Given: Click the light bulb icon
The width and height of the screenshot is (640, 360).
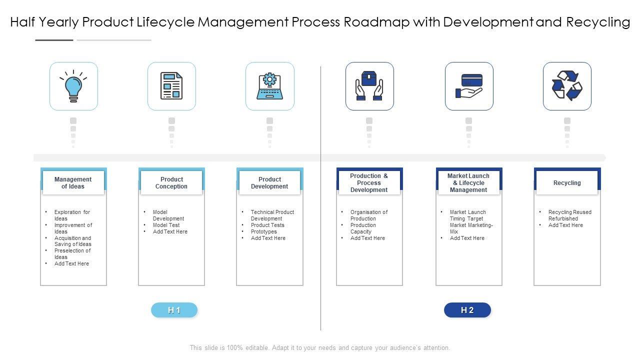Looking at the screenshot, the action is [x=73, y=86].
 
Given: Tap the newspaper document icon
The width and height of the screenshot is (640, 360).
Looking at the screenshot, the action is [x=171, y=86].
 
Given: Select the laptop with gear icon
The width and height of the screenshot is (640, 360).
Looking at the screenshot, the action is [x=270, y=86].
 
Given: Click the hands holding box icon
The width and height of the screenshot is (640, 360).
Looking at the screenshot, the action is [x=369, y=86].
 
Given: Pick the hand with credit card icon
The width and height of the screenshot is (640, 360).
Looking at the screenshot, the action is [x=469, y=86].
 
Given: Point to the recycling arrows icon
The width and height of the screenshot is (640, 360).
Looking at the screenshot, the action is [x=567, y=86].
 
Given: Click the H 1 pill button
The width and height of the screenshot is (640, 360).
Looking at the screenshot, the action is [x=174, y=310].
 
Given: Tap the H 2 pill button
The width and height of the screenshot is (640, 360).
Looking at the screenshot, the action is [x=467, y=310].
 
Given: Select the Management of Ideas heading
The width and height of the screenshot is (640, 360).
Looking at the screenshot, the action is [x=73, y=183].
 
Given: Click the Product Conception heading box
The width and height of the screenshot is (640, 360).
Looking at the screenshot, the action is [x=171, y=183].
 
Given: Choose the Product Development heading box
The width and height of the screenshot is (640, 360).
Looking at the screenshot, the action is [x=269, y=183].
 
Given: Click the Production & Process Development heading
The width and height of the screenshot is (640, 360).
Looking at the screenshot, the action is [x=369, y=183].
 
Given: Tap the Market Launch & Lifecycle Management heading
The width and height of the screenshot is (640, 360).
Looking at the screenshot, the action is [x=468, y=183].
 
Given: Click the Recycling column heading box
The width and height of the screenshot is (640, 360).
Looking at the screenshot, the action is [x=567, y=183].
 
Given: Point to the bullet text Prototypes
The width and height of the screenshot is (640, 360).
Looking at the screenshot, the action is [x=264, y=232].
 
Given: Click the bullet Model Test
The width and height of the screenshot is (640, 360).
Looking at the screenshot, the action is [x=166, y=225].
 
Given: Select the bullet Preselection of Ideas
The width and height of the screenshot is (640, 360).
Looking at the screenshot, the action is [x=72, y=254].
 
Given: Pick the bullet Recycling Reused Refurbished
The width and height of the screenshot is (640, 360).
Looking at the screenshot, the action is [x=569, y=215].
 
